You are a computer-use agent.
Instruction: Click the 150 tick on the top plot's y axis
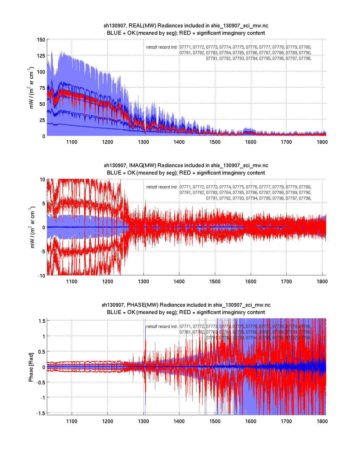[x=41, y=40]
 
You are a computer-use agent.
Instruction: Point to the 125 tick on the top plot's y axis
[x=41, y=56]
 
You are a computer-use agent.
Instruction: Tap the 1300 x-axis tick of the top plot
[x=143, y=142]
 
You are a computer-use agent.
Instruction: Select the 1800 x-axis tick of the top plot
[x=322, y=142]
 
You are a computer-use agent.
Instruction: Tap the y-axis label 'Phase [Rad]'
[x=31, y=367]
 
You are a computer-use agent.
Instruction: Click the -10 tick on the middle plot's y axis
[x=41, y=276]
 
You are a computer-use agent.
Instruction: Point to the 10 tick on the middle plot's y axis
[x=42, y=180]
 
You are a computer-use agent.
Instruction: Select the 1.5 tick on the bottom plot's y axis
[x=42, y=321]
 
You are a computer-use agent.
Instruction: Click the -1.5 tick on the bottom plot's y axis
[x=41, y=413]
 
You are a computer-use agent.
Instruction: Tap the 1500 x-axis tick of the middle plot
[x=215, y=282]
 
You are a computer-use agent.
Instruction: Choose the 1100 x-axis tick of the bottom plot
[x=72, y=421]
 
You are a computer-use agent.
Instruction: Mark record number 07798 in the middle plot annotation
[x=305, y=198]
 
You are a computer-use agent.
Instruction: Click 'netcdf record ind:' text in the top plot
[x=162, y=47]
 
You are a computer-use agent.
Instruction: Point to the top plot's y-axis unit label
[x=31, y=88]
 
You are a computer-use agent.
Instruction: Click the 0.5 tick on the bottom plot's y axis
[x=42, y=352]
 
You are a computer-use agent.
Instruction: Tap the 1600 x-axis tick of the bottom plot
[x=251, y=421]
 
